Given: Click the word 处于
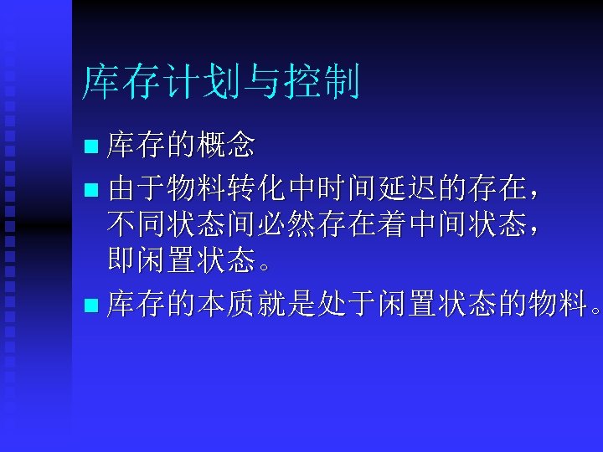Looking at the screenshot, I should tap(343, 301).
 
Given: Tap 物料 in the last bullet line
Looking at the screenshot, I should tap(558, 301).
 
